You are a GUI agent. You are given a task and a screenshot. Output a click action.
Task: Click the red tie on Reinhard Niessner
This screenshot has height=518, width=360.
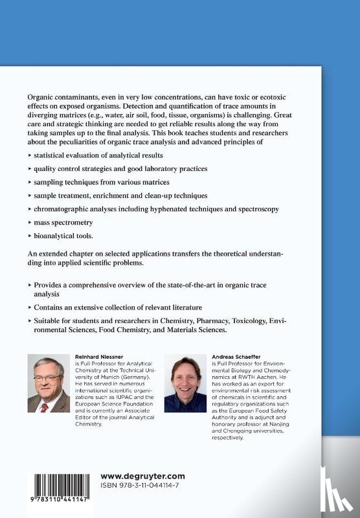pyautogui.click(x=45, y=407)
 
